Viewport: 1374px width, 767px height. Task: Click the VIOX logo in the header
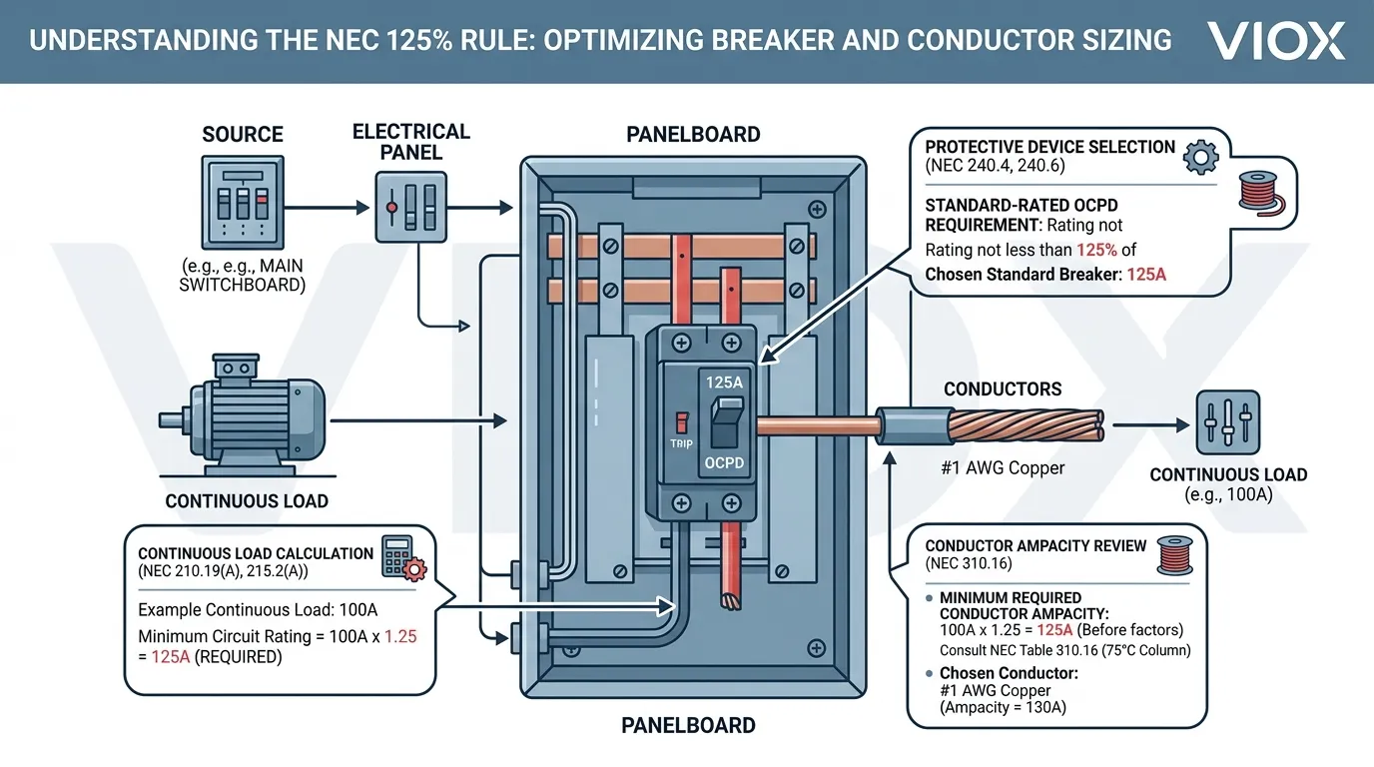tap(1275, 40)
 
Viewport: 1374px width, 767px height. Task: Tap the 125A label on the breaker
tap(724, 381)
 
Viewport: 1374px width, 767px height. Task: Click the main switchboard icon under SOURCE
tap(243, 203)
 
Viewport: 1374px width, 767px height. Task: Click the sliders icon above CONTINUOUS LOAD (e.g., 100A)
tap(1227, 423)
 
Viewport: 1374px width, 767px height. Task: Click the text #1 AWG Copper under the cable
tap(1003, 467)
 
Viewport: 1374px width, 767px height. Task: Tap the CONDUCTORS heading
tap(1003, 388)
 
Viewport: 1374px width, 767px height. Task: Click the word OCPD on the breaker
tap(724, 463)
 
